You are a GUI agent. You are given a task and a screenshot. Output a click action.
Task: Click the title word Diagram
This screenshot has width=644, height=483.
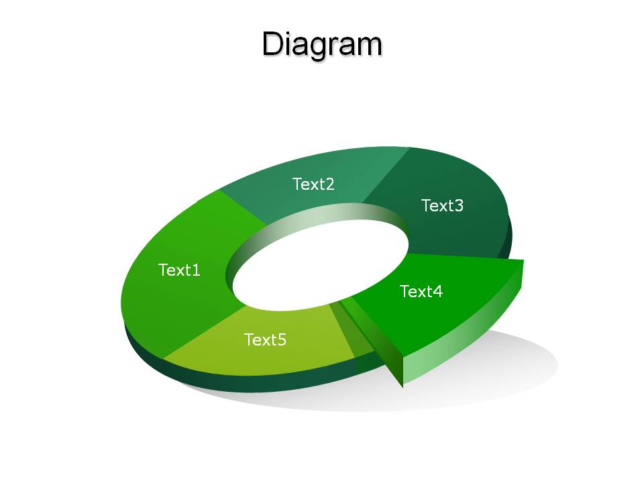pyautogui.click(x=322, y=44)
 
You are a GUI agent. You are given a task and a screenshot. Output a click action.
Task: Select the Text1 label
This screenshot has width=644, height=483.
pyautogui.click(x=179, y=270)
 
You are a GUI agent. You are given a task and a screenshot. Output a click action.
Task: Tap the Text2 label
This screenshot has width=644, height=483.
pyautogui.click(x=313, y=184)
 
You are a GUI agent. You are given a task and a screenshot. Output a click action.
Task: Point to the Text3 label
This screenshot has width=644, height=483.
pyautogui.click(x=442, y=205)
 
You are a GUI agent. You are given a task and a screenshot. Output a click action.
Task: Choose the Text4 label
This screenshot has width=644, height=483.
pyautogui.click(x=421, y=291)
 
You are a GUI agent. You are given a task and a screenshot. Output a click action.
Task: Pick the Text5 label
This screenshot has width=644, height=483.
pyautogui.click(x=266, y=339)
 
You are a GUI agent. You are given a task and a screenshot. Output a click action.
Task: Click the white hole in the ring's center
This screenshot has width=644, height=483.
pyautogui.click(x=321, y=267)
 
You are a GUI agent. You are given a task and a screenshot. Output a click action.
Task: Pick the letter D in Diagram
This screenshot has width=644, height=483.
pyautogui.click(x=274, y=44)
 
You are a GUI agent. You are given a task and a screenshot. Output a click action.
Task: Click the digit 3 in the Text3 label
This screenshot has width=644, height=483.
pyautogui.click(x=459, y=205)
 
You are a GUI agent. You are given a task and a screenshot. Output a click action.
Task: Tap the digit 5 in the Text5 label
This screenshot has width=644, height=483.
pyautogui.click(x=282, y=340)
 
